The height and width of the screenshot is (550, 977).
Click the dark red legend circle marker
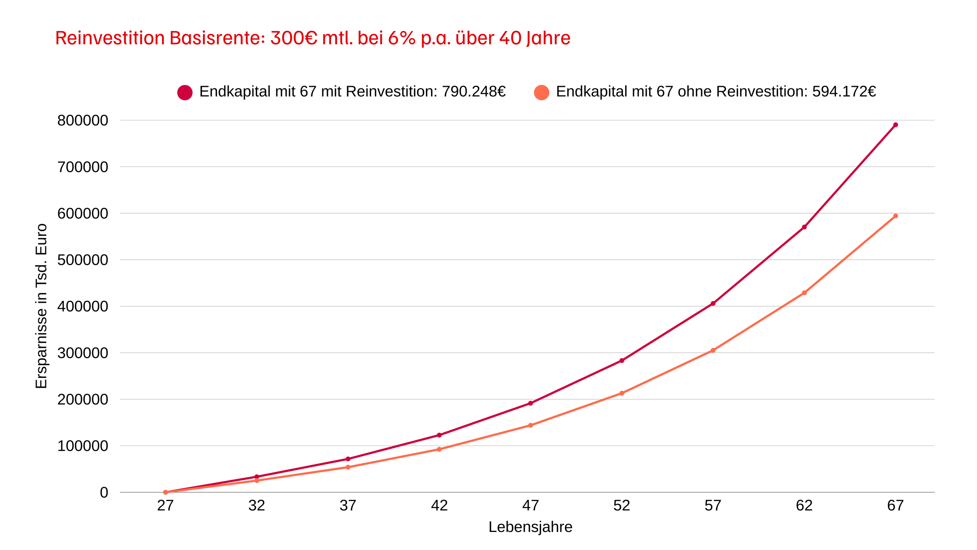[185, 92]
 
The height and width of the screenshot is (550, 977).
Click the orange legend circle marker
[542, 92]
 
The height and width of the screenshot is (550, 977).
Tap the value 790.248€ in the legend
[474, 92]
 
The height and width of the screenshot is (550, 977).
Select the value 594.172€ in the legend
[844, 92]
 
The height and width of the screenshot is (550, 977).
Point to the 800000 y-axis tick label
[82, 120]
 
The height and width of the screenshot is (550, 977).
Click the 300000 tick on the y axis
[82, 353]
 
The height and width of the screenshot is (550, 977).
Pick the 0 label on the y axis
[104, 492]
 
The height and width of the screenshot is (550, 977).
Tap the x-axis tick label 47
[530, 506]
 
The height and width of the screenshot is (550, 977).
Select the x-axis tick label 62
[804, 506]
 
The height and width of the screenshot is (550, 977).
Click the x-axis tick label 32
[257, 506]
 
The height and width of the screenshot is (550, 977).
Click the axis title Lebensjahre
[530, 527]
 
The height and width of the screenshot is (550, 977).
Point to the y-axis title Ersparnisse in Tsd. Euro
[41, 306]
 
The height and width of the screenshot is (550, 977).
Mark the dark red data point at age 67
[895, 125]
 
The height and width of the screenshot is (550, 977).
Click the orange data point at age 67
[895, 216]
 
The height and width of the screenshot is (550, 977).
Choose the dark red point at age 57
[713, 304]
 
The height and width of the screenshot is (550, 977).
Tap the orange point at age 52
[622, 393]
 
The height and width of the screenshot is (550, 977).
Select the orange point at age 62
[804, 293]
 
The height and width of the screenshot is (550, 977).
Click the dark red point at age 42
[439, 435]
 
